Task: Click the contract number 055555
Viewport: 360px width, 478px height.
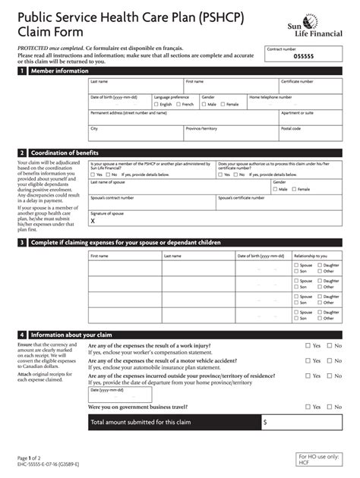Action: [303, 56]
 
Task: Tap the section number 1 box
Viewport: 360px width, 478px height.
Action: [22, 71]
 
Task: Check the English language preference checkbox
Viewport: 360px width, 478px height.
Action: [157, 104]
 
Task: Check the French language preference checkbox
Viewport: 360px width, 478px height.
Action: [178, 104]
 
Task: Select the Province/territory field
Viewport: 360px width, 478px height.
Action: [230, 133]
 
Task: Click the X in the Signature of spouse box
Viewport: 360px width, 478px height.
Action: [93, 222]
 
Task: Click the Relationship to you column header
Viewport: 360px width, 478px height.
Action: [310, 256]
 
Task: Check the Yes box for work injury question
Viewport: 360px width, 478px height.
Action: [308, 345]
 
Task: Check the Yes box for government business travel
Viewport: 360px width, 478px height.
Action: [308, 407]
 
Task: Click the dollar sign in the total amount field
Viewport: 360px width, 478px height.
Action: [265, 422]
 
